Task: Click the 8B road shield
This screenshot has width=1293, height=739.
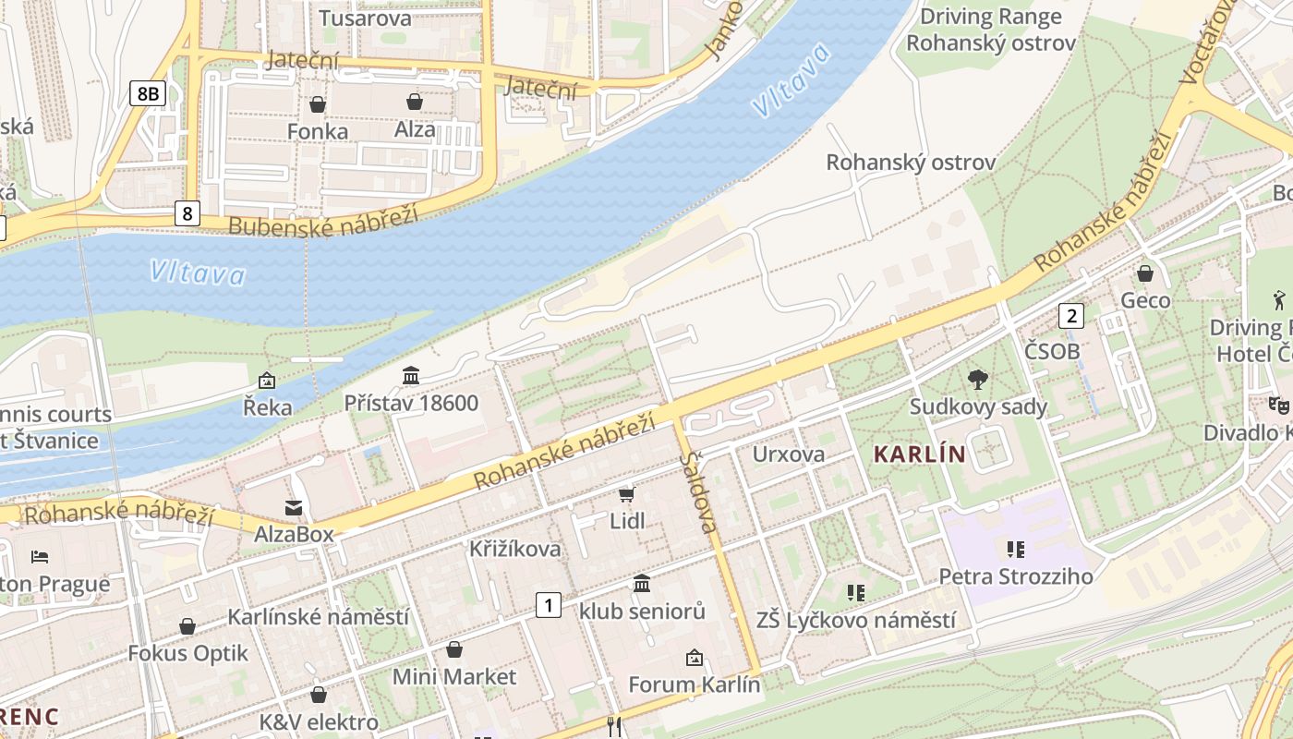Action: (x=147, y=92)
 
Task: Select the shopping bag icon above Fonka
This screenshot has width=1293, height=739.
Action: (x=318, y=104)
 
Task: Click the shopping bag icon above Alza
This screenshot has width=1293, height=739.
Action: (x=415, y=102)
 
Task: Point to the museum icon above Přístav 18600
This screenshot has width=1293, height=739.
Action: (x=411, y=375)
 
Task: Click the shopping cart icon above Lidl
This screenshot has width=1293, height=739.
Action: (x=627, y=494)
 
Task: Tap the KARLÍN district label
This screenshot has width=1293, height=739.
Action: (x=919, y=454)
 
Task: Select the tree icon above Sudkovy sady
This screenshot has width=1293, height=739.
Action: (x=977, y=379)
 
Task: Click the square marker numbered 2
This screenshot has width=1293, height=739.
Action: (x=1071, y=316)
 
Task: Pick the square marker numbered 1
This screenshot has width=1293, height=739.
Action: (x=549, y=606)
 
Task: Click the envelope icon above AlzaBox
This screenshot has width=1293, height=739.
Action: (x=294, y=507)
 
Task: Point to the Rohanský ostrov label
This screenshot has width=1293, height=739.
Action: (x=910, y=163)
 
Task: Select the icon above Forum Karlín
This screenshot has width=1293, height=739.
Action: (x=694, y=658)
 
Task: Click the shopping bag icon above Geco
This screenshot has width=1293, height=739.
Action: (x=1145, y=273)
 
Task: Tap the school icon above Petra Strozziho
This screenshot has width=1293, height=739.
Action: (x=1016, y=550)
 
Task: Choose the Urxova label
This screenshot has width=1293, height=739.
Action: (x=788, y=454)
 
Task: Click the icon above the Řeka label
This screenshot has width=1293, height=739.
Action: (x=267, y=380)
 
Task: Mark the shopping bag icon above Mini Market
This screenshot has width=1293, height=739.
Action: (x=453, y=650)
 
